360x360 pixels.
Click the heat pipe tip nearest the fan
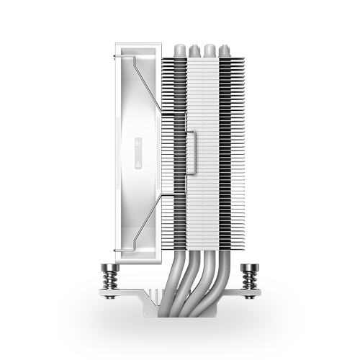pyautogui.click(x=178, y=51)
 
